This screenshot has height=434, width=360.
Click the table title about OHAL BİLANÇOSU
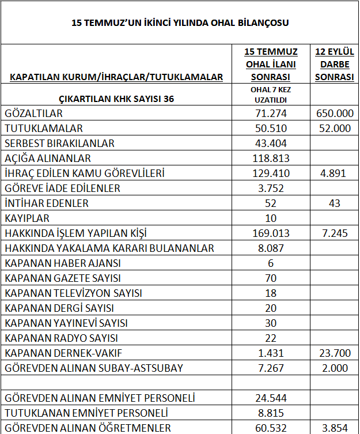tap(180, 23)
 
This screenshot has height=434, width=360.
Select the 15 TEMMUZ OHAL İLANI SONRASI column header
tap(271, 64)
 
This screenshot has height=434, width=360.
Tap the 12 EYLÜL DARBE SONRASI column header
tap(334, 64)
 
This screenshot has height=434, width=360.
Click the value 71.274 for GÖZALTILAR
tap(271, 114)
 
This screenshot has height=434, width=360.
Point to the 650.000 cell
tap(334, 114)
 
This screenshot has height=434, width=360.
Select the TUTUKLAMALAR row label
tap(44, 129)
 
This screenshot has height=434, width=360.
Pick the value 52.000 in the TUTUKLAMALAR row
tap(334, 129)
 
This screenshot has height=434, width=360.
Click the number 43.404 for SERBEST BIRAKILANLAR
tap(271, 144)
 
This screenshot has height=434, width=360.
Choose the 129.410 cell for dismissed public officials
tap(271, 173)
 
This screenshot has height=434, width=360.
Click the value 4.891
tap(334, 173)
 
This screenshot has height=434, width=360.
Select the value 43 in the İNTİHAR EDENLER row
tap(334, 203)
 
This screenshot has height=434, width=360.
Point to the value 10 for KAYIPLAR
tap(271, 218)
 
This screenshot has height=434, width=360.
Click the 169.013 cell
tap(271, 233)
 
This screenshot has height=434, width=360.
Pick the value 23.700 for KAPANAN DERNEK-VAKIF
tap(334, 353)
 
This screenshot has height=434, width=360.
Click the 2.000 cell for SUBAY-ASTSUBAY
tap(334, 368)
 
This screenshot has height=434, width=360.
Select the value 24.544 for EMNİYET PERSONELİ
tap(271, 398)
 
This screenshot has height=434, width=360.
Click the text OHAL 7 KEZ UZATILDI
tap(271, 94)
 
